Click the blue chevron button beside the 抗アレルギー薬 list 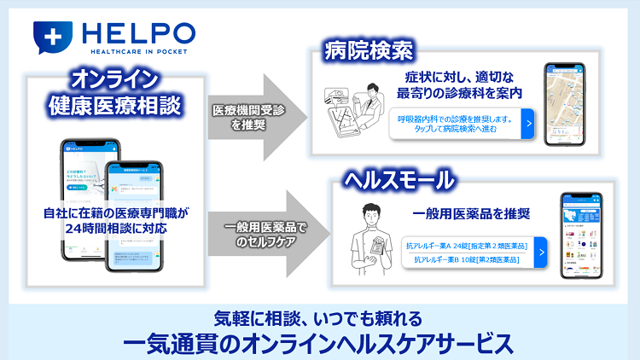[540, 252]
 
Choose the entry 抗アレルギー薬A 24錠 [465, 247]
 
